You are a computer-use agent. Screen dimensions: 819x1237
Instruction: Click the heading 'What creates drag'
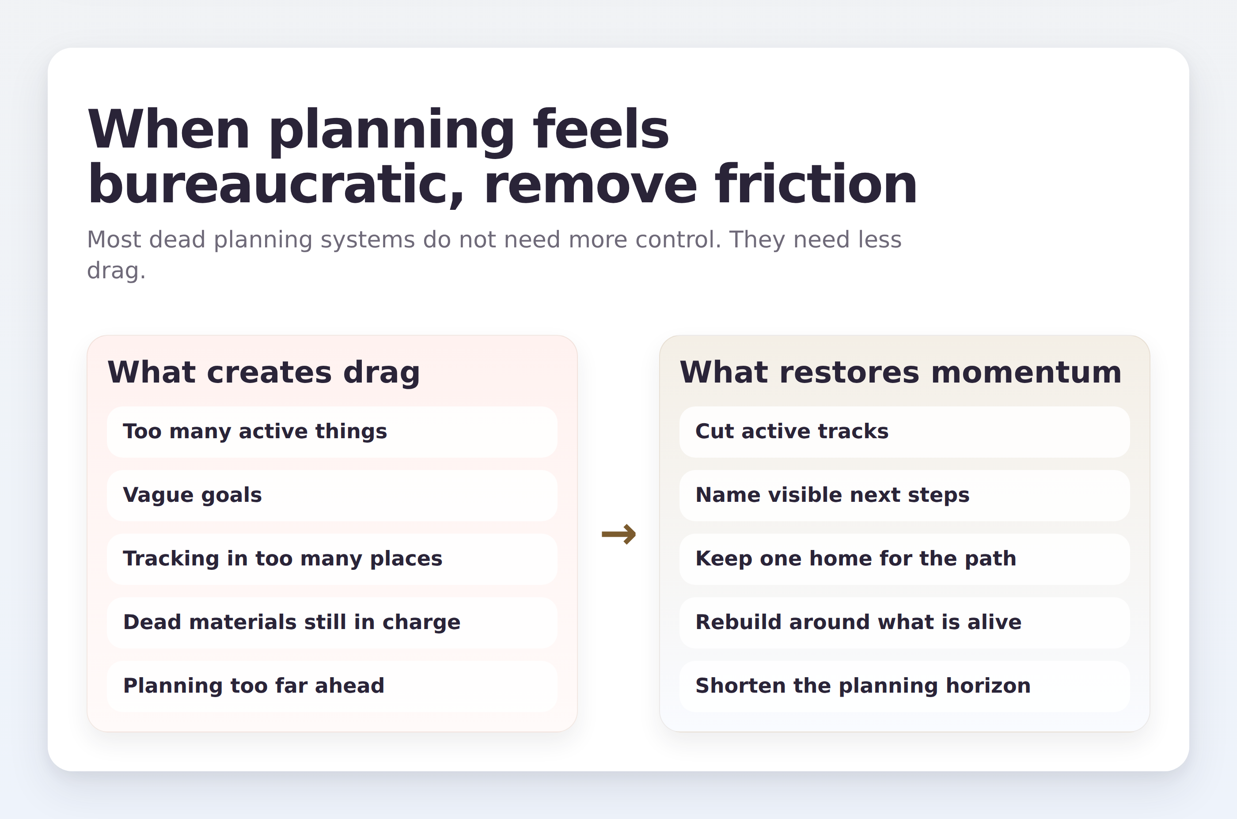pos(264,372)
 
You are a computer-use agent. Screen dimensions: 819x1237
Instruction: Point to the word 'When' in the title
pos(168,129)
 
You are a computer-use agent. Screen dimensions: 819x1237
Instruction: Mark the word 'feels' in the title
pos(601,129)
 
